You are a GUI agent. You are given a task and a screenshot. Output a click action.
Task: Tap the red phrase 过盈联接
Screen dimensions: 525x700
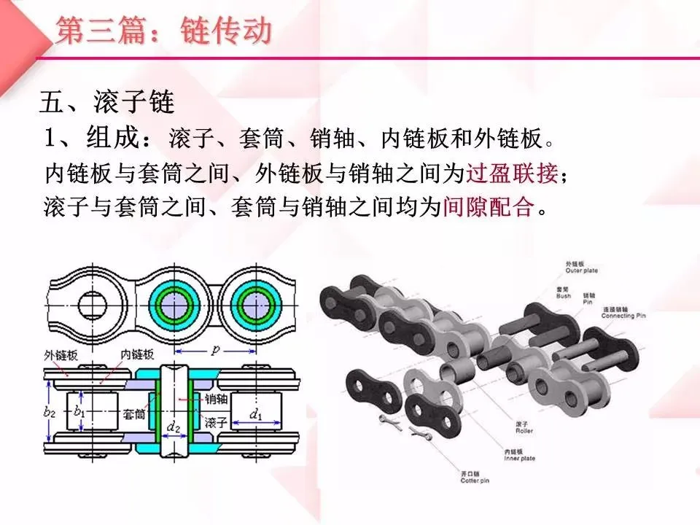click(515, 174)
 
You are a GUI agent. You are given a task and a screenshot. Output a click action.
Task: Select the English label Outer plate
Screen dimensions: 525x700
click(581, 270)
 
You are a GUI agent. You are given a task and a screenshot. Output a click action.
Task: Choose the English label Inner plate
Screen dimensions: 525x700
click(519, 458)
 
